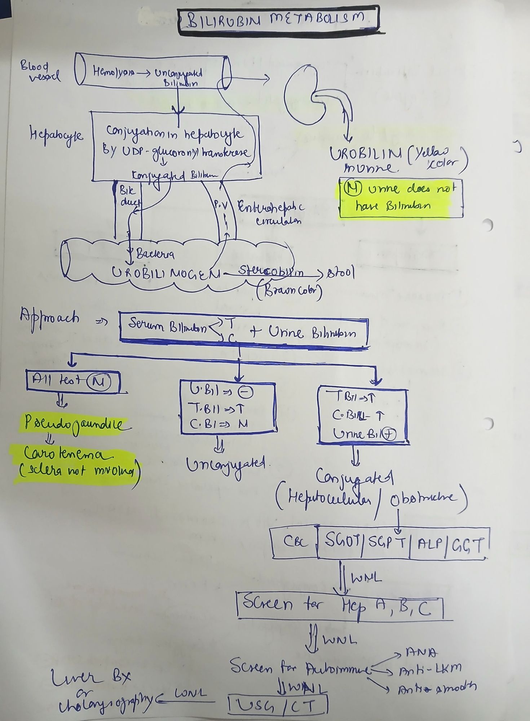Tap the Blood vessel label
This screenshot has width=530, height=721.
[40, 71]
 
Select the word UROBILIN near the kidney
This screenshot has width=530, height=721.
[365, 154]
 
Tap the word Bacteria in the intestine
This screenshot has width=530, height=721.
[155, 255]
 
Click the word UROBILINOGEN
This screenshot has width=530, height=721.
[166, 274]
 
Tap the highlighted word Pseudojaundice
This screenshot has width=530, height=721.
[74, 424]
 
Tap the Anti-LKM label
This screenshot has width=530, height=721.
[430, 670]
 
